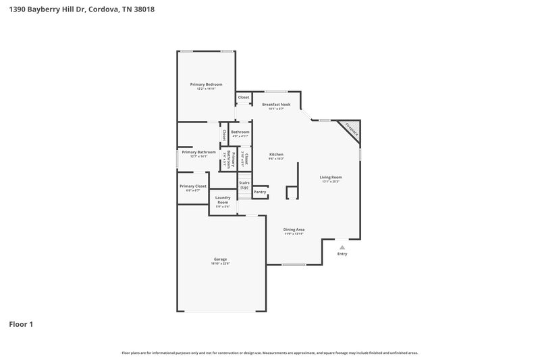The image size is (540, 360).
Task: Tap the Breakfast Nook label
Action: click(276, 104)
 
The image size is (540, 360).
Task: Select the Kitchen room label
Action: click(277, 154)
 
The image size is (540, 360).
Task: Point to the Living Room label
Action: click(331, 177)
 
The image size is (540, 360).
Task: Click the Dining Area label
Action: click(294, 230)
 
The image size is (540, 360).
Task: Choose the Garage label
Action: click(220, 259)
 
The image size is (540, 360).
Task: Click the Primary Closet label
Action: click(193, 186)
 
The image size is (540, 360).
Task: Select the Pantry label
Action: click(260, 192)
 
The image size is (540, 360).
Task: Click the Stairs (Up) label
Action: click(244, 184)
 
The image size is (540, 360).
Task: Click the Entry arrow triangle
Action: click(342, 247)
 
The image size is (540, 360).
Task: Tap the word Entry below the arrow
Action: click(342, 254)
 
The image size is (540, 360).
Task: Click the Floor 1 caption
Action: click(21, 324)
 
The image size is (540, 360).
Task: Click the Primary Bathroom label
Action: click(198, 152)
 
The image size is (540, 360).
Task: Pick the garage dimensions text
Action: click(220, 263)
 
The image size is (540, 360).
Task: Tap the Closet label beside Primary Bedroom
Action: click(244, 97)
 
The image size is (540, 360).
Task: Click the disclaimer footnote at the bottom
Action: click(270, 353)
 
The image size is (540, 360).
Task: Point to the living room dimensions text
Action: click(331, 181)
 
